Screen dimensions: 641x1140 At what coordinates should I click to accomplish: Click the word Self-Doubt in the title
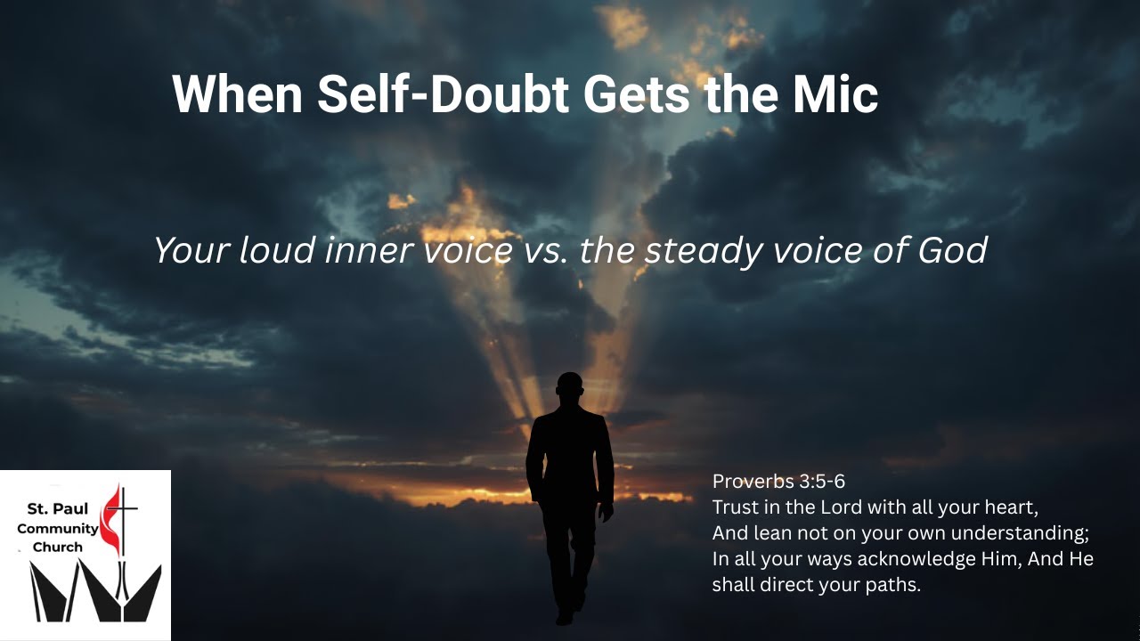click(442, 94)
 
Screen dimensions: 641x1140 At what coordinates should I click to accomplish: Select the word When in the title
click(238, 94)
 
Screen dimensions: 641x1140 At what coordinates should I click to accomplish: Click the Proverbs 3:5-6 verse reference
click(778, 482)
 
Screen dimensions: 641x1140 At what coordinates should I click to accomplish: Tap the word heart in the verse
click(1011, 507)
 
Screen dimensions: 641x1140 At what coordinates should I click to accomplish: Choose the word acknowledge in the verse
click(900, 559)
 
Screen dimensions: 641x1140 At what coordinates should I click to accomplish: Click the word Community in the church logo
click(58, 529)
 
